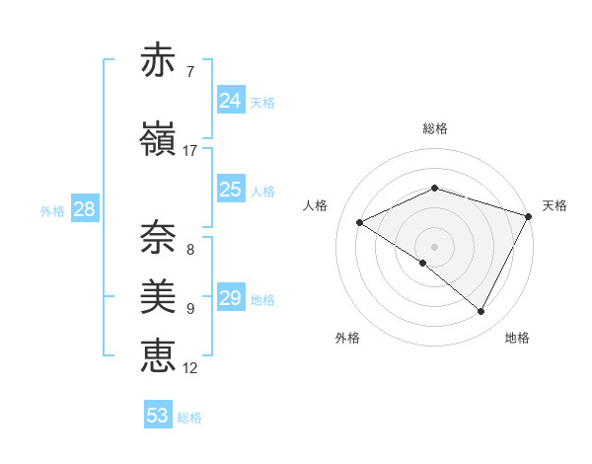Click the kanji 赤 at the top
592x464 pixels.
[x=158, y=60]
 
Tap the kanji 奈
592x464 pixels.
[x=158, y=235]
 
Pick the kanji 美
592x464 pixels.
[x=158, y=294]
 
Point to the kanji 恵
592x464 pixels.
[x=158, y=354]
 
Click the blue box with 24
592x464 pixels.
[x=230, y=100]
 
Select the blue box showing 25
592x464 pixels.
[x=230, y=190]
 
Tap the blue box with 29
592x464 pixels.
[x=230, y=298]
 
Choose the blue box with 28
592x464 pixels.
[x=83, y=209]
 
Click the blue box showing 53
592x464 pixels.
[x=158, y=416]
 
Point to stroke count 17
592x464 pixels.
[x=189, y=151]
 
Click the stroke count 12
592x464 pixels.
[x=189, y=368]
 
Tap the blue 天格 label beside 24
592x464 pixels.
[x=262, y=102]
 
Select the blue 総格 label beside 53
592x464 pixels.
[x=189, y=418]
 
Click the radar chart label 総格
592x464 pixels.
[x=434, y=128]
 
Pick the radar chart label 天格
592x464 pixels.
[x=555, y=205]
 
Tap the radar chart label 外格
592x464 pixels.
[x=347, y=338]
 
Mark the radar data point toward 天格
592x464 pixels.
[x=530, y=216]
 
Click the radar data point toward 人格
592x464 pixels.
[x=360, y=223]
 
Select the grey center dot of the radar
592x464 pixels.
[x=434, y=246]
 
